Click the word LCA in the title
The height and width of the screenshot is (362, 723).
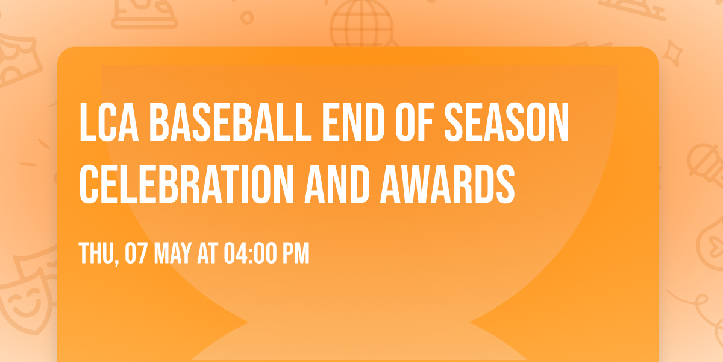[x=109, y=122]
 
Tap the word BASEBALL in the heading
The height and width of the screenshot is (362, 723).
[x=230, y=122]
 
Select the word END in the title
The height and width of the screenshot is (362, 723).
[x=353, y=122]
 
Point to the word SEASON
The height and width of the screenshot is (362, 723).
[x=506, y=122]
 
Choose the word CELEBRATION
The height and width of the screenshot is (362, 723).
[x=186, y=184]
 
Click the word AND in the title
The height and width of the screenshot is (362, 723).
[x=337, y=184]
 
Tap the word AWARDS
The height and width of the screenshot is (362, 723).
[x=447, y=184]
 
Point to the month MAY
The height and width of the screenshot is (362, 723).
[x=173, y=253]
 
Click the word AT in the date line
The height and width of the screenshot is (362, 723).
[x=207, y=253]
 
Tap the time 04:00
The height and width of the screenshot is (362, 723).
[x=250, y=253]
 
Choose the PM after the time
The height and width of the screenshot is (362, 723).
[x=296, y=253]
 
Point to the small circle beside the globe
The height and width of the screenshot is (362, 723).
[x=247, y=17]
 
